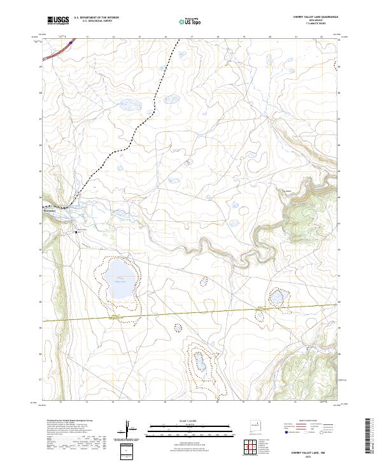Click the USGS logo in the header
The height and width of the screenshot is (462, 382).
58,20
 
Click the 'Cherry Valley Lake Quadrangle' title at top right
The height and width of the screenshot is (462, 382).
312,17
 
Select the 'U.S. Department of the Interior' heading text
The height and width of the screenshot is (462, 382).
96,18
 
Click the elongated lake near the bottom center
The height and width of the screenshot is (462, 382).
199,362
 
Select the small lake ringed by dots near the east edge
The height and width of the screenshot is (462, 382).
277,297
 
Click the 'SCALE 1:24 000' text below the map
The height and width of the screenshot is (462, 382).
191,421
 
